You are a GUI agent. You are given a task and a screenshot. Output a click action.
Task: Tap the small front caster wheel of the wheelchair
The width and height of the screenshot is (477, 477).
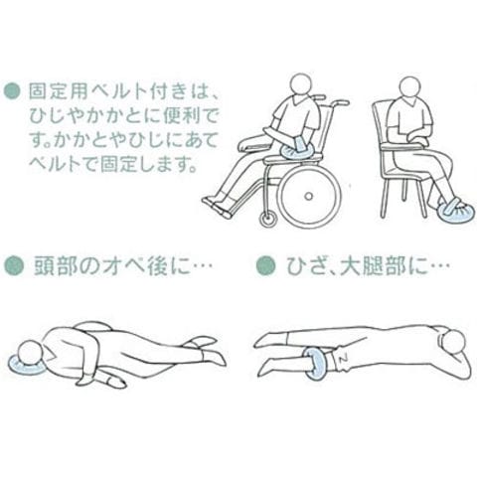(268, 219)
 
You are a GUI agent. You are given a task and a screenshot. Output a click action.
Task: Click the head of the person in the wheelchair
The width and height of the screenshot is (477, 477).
(301, 84)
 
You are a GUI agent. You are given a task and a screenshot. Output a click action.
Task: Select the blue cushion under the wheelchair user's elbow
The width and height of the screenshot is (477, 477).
(297, 153)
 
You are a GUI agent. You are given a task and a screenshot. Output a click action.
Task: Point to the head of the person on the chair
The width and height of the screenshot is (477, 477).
(411, 87)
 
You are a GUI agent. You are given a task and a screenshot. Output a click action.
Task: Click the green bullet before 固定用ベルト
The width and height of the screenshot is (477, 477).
(12, 91)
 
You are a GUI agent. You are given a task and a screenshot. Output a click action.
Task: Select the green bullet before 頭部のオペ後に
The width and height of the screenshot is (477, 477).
(14, 265)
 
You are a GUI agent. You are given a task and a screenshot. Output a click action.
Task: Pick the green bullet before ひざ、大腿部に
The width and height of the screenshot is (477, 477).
(265, 265)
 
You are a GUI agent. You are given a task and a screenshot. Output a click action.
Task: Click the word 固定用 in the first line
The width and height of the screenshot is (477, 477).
(59, 90)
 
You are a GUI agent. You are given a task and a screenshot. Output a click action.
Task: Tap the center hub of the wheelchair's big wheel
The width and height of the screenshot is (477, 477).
(308, 196)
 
